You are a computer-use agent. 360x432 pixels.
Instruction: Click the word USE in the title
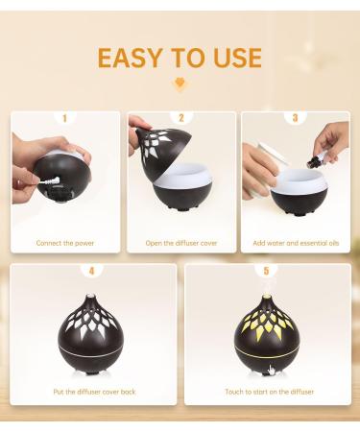point(238,58)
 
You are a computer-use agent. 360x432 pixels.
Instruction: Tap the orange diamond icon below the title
point(180,84)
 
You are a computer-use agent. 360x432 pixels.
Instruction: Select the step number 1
point(64,118)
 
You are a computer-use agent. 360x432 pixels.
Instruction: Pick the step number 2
point(181,118)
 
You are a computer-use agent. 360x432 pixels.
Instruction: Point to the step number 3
point(295,118)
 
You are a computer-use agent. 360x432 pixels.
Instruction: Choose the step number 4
point(92,271)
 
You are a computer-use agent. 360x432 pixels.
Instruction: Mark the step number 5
point(266,271)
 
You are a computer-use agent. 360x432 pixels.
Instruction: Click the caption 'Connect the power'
point(65,243)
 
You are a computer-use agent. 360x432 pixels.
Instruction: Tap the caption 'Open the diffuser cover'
point(181,243)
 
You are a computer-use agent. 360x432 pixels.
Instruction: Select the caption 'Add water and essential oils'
point(296,243)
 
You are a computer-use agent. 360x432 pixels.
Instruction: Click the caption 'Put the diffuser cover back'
point(94,392)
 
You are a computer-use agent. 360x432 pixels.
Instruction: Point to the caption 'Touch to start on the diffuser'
point(270,392)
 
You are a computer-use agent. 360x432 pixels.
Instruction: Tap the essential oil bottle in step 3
point(314,161)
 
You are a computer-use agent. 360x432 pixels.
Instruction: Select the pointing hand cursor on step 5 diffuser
point(272,370)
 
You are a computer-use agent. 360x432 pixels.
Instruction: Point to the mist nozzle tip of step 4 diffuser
point(91,295)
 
